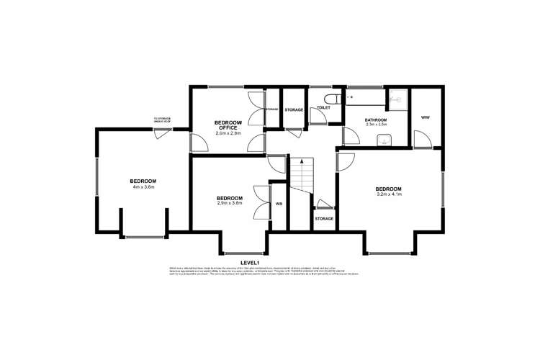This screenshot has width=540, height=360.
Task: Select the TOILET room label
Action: click(x=323, y=108)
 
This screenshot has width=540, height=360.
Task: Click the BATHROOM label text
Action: click(x=376, y=120)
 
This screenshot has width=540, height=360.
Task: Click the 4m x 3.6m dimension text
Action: click(x=143, y=187)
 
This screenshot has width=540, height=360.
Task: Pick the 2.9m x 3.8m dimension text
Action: click(x=230, y=204)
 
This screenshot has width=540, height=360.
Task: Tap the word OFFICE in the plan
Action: click(x=228, y=128)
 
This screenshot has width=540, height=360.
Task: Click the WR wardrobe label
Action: click(x=279, y=204)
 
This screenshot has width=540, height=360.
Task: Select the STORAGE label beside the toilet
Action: click(x=293, y=110)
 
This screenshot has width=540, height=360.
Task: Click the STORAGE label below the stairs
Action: click(x=324, y=218)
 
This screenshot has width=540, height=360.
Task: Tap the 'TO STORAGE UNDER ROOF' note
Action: click(x=163, y=121)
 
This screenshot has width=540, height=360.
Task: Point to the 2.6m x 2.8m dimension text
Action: click(x=228, y=134)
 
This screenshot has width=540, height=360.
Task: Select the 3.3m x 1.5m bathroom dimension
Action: click(x=376, y=125)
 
